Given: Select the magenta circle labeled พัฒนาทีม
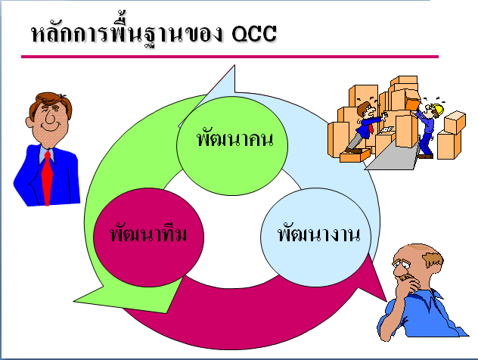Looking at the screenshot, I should point(138,233).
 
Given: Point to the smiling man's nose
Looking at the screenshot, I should point(46,121).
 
